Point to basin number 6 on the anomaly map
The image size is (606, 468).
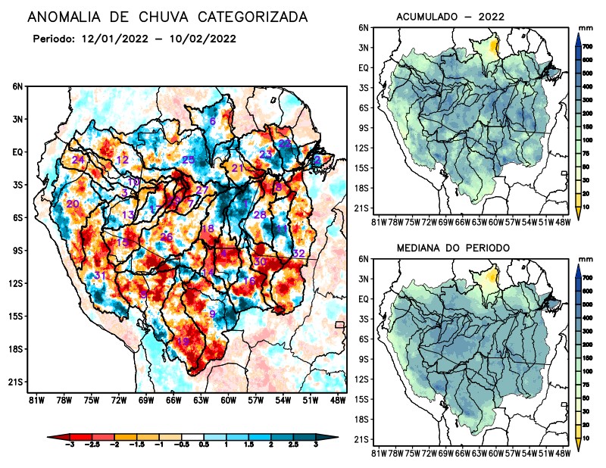pos(213,121)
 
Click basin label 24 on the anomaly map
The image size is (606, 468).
pos(78,160)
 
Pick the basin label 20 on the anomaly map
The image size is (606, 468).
pos(73,204)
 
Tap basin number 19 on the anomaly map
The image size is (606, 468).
pos(183,342)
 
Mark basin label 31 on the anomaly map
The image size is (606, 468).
pos(98,275)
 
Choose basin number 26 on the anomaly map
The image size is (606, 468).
pos(167,238)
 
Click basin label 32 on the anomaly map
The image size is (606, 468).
pos(298,253)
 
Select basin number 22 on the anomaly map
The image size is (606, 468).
pos(285,143)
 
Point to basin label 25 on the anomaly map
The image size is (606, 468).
pos(189,160)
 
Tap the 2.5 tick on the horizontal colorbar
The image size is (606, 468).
pos(294,444)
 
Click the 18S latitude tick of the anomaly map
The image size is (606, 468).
pos(17,349)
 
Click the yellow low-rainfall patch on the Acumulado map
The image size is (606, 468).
pos(494,46)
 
